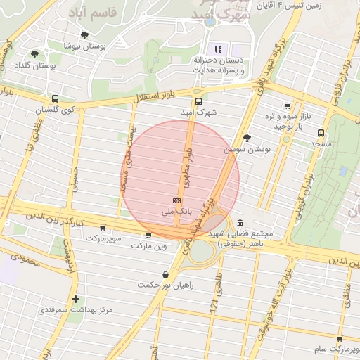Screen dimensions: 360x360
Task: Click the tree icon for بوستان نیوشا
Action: (x=85, y=34)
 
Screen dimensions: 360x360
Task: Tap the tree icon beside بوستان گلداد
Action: (x=34, y=55)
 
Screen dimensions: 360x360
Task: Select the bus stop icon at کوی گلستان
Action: (x=55, y=98)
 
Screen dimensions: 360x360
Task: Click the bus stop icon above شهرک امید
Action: (x=198, y=101)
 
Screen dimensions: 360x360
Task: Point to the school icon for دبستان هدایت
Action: (x=218, y=49)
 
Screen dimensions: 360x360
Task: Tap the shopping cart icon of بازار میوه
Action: (x=287, y=105)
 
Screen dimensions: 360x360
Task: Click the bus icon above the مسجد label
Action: (x=321, y=132)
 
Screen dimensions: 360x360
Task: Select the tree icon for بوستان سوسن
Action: (x=246, y=138)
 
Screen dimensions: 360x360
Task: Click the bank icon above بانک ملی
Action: (x=175, y=200)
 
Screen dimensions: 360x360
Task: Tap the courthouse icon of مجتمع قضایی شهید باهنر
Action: (x=240, y=222)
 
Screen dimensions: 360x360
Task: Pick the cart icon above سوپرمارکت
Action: (x=103, y=228)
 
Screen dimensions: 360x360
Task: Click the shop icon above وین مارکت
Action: (x=148, y=236)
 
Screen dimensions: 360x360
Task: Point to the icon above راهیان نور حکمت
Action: (x=165, y=274)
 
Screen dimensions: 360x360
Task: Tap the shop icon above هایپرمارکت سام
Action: (x=340, y=338)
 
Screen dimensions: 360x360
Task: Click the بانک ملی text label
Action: (x=176, y=211)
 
